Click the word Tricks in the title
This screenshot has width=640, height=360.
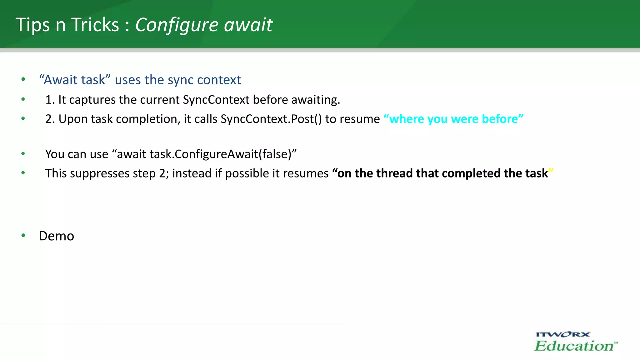(95, 25)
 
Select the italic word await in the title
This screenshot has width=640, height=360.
(248, 25)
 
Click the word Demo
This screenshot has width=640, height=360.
(57, 236)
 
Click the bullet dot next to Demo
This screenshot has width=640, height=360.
(23, 235)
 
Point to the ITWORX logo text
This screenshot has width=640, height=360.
(563, 334)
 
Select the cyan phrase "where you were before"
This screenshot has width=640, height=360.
(453, 119)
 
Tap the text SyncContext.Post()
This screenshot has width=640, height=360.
(271, 119)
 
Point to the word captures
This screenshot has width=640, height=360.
(92, 100)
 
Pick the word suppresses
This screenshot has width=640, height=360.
(99, 173)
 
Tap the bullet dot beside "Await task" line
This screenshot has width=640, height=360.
(23, 79)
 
